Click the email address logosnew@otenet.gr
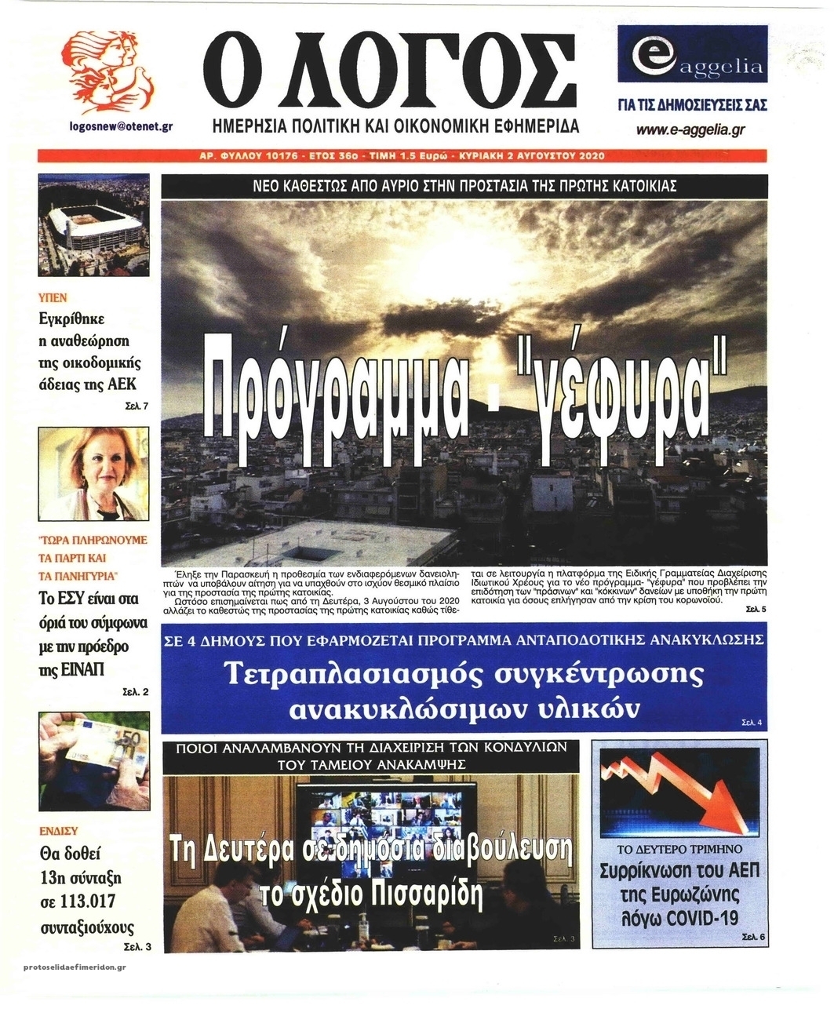coord(121,126)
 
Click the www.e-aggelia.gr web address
coord(690,130)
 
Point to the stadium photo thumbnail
coord(93,225)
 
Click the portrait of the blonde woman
coord(93,475)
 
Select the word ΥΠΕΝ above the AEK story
coord(53,297)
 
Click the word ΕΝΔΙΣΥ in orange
coord(59,830)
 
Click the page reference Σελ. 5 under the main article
coord(755,610)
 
